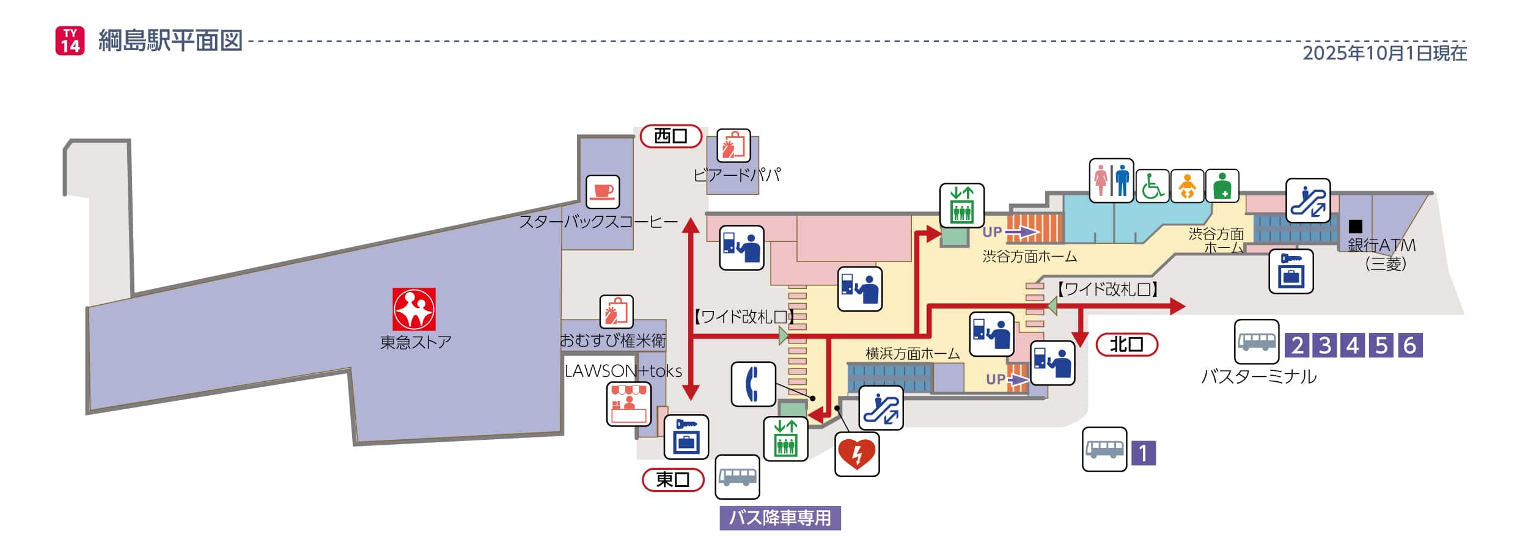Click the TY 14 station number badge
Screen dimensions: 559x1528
(x=70, y=40)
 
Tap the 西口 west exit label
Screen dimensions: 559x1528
(x=670, y=136)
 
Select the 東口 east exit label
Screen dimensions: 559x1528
(x=672, y=480)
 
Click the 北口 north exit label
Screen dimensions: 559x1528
(x=1126, y=345)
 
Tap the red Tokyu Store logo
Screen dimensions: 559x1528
(x=414, y=309)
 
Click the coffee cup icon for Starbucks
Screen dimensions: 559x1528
(x=603, y=192)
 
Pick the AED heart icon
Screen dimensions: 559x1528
(x=857, y=454)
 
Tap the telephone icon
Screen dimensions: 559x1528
(x=753, y=384)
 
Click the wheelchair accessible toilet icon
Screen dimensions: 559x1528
(x=1152, y=186)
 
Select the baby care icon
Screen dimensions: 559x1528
(x=1187, y=186)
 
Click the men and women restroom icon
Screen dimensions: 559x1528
(x=1111, y=181)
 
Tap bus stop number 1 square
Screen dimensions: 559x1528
(x=1144, y=453)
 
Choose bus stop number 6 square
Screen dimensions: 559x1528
(x=1409, y=345)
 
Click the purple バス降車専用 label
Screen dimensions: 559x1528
(x=780, y=518)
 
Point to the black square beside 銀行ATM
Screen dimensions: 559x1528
(x=1356, y=226)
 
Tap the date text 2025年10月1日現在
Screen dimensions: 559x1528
(x=1384, y=53)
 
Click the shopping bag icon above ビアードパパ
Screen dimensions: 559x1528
(x=733, y=146)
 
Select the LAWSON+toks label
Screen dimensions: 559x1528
(x=623, y=371)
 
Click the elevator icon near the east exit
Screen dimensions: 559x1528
(x=785, y=439)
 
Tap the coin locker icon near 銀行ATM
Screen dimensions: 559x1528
(x=1291, y=271)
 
